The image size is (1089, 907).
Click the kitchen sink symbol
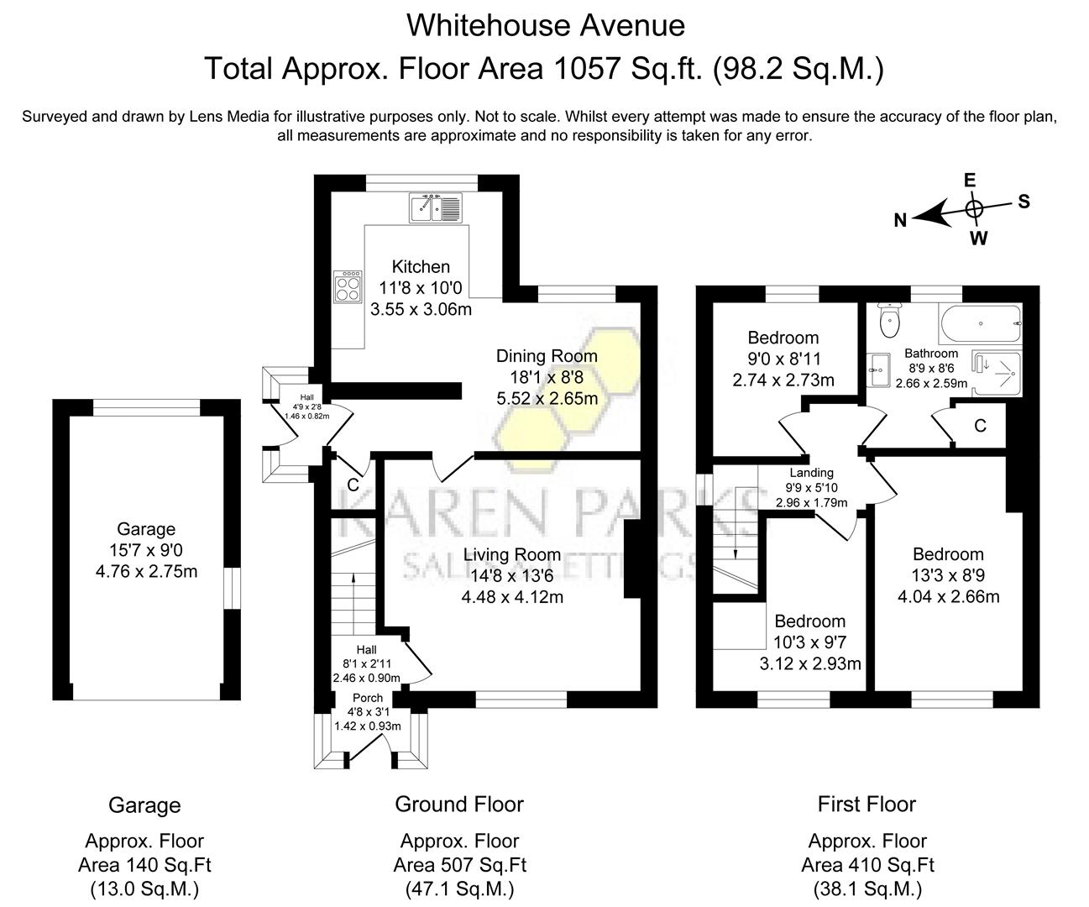click(436, 207)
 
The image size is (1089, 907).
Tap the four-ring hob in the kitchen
click(348, 288)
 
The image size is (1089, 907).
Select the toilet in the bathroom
click(888, 319)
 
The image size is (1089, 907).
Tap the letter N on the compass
click(900, 220)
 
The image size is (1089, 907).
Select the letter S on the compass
click(1024, 202)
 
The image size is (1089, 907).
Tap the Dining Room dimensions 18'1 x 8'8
click(547, 377)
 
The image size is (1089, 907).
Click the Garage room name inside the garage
click(146, 529)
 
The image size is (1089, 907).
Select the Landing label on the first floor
click(811, 473)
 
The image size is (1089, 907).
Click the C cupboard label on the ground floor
click(353, 485)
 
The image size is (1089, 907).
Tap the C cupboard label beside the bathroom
click(979, 426)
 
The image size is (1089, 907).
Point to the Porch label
click(367, 698)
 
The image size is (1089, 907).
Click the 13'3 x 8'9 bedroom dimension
click(948, 576)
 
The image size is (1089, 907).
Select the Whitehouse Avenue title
click(545, 25)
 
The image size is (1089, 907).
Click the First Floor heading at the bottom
click(866, 805)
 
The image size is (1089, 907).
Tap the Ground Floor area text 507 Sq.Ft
click(459, 865)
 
